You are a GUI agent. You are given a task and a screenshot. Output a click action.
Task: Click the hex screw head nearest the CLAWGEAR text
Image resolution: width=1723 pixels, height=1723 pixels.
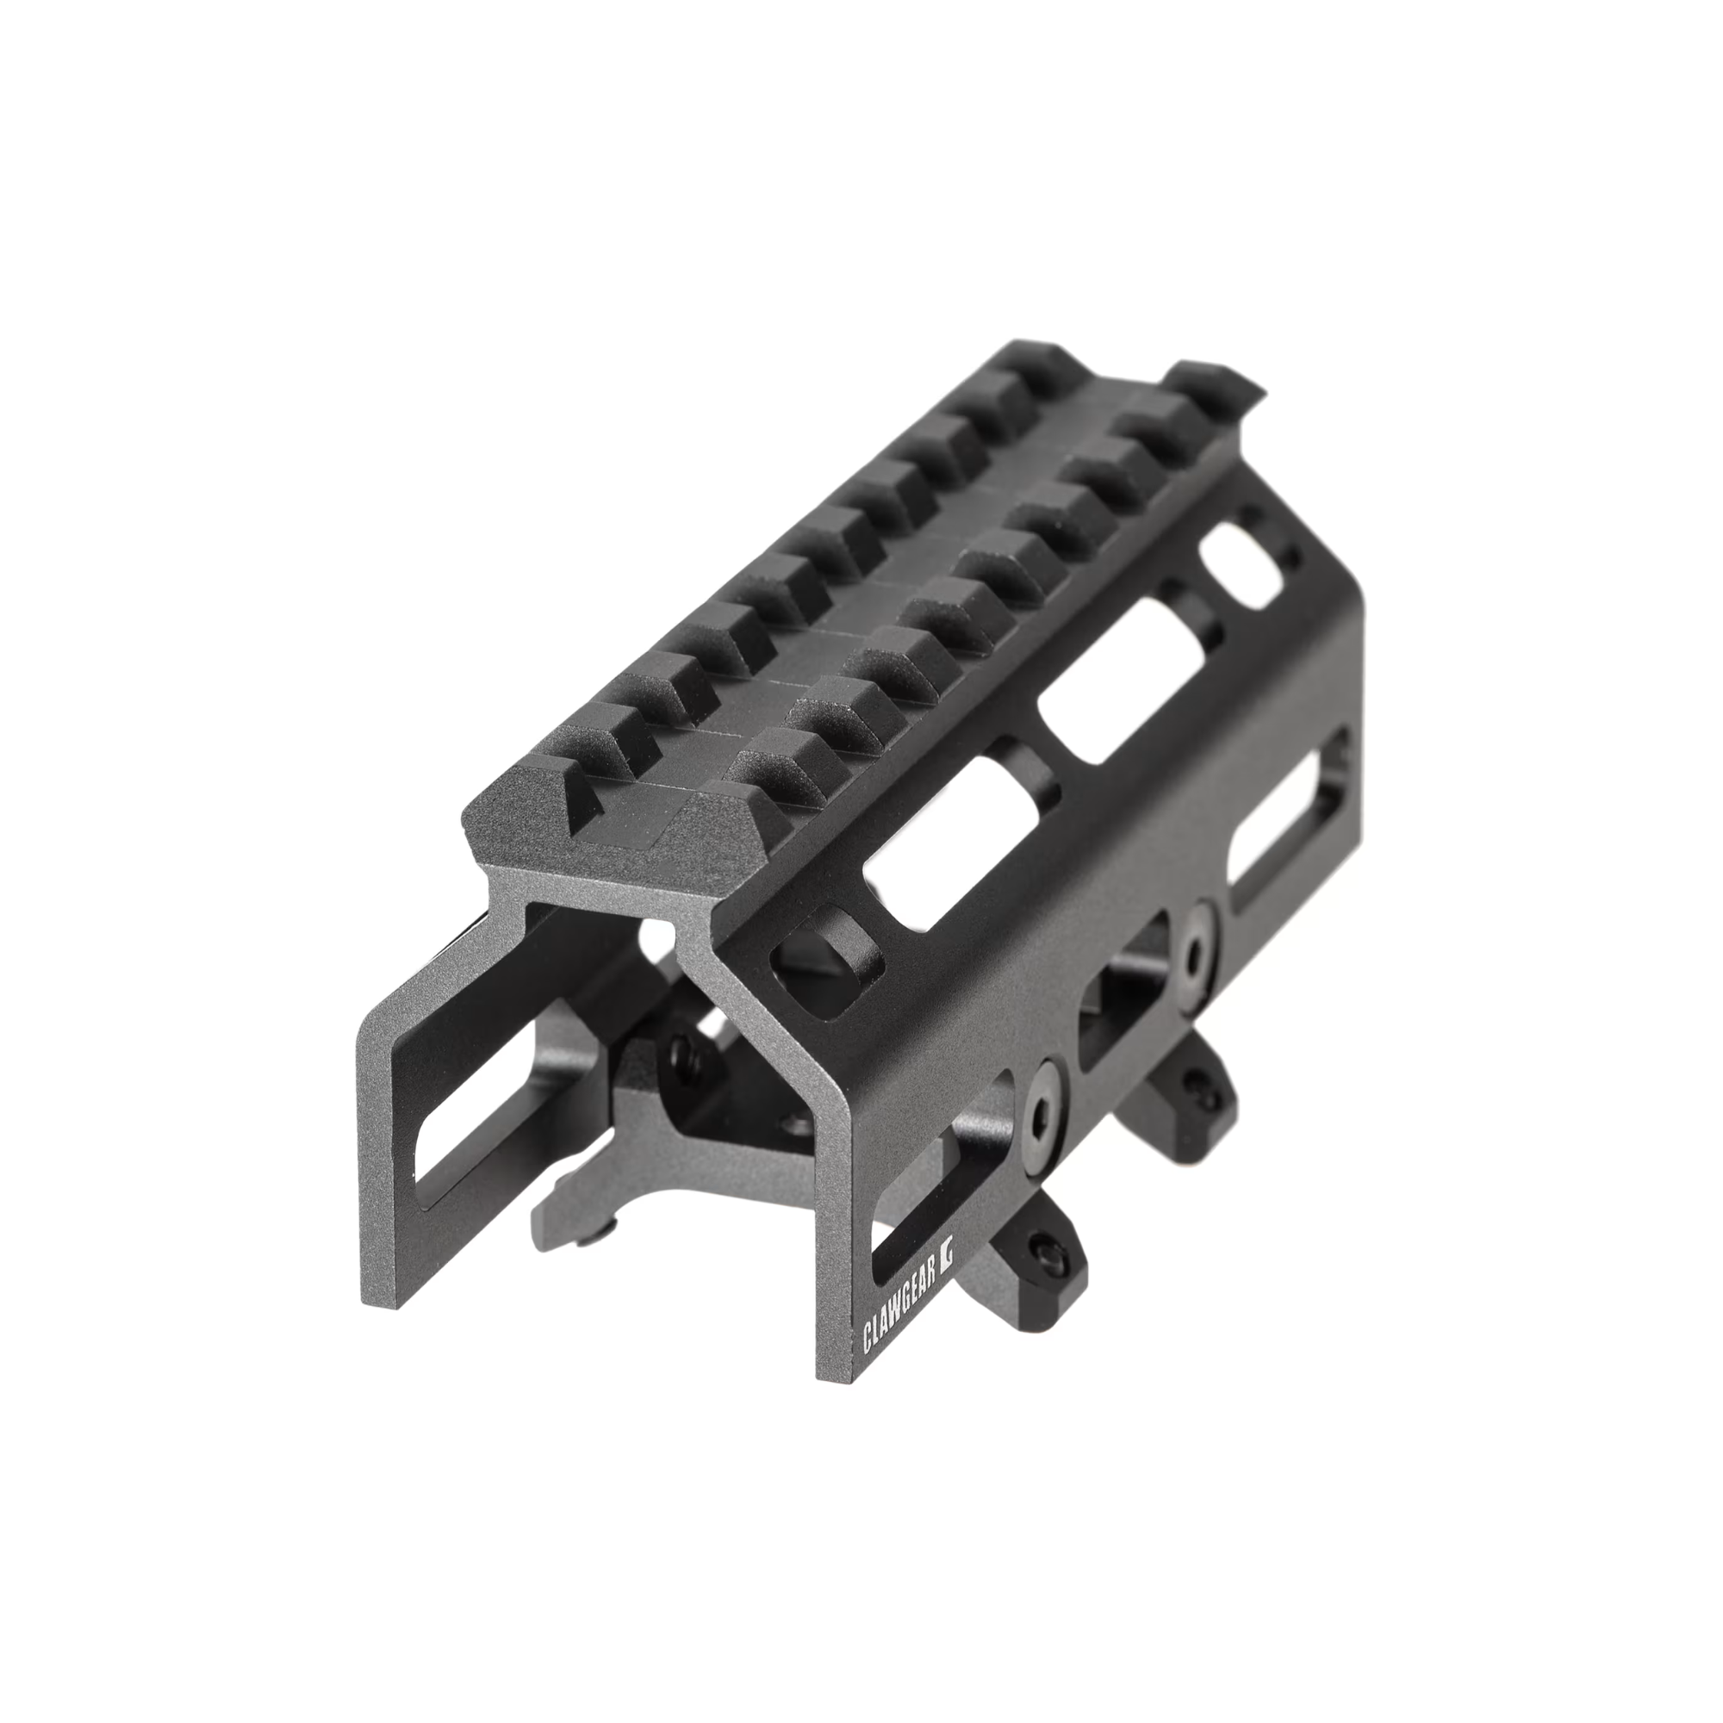(1047, 1111)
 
